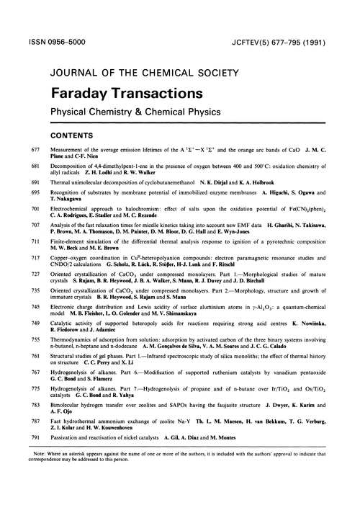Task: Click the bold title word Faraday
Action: tap(79, 94)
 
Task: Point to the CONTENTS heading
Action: tap(71, 134)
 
